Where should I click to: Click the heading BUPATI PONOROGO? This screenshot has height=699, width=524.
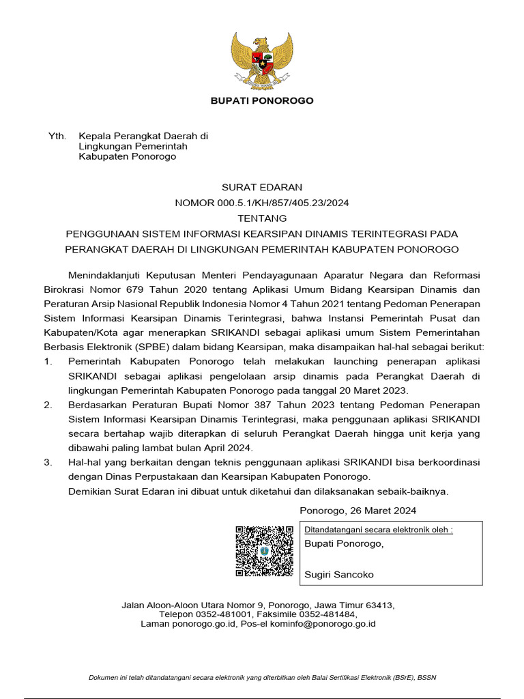coord(262,101)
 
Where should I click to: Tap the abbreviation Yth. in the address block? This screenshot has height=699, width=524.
coord(57,137)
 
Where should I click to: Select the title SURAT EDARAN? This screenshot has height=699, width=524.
coord(262,187)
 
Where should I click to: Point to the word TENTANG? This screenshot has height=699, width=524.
coord(262,218)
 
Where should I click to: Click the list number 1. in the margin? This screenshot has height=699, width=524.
coord(48,360)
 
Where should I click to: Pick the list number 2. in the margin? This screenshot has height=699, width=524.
coord(48,405)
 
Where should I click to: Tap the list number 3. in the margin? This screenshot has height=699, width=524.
coord(48,462)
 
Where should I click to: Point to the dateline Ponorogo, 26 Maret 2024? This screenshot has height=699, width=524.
coord(358,511)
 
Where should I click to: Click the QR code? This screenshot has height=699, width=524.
coord(264,551)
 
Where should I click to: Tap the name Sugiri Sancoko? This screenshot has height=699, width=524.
coord(339,575)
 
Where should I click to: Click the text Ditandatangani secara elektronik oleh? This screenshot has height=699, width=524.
coord(377,530)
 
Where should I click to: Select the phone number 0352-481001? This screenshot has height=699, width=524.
coord(223,614)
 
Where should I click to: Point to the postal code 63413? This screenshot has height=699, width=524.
coord(379,605)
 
